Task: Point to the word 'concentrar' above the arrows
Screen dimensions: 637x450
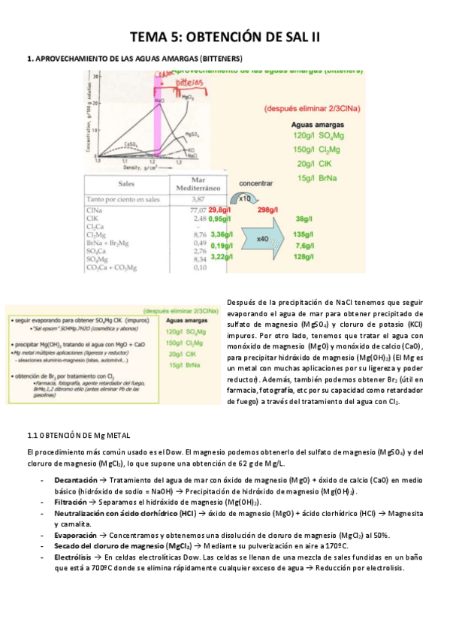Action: [255, 183]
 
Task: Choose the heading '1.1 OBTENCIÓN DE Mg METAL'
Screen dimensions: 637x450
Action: [78, 435]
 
